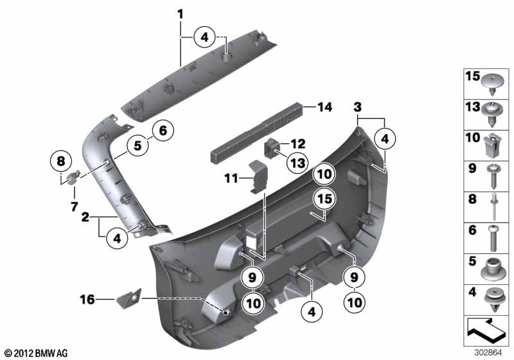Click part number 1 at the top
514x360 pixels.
click(x=181, y=14)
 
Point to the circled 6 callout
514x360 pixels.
click(x=162, y=131)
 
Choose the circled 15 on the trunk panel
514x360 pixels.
click(x=322, y=199)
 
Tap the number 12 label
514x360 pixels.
click(x=297, y=143)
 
